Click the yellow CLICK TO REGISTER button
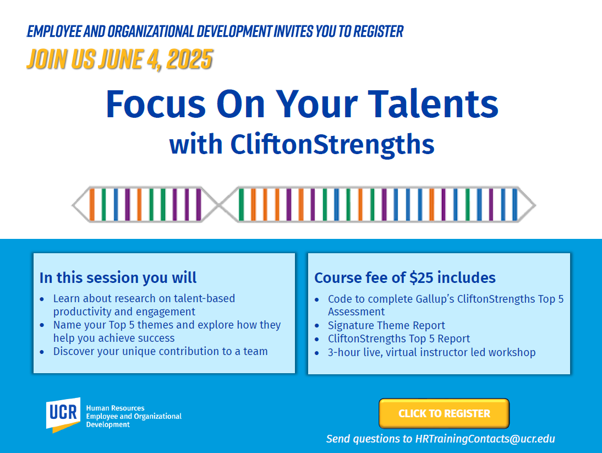(x=444, y=413)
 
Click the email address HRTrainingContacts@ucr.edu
(x=485, y=439)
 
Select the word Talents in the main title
(x=433, y=103)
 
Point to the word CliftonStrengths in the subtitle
(x=332, y=144)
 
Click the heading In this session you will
(x=118, y=277)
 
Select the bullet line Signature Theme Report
(x=386, y=325)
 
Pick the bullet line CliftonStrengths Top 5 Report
(x=398, y=339)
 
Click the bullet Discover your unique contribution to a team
(x=160, y=351)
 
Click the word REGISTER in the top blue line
(x=378, y=31)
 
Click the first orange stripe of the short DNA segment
(x=92, y=205)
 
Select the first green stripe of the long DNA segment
(x=241, y=205)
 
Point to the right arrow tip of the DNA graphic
(x=535, y=205)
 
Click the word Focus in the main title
(x=156, y=103)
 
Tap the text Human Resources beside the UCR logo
(x=115, y=408)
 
